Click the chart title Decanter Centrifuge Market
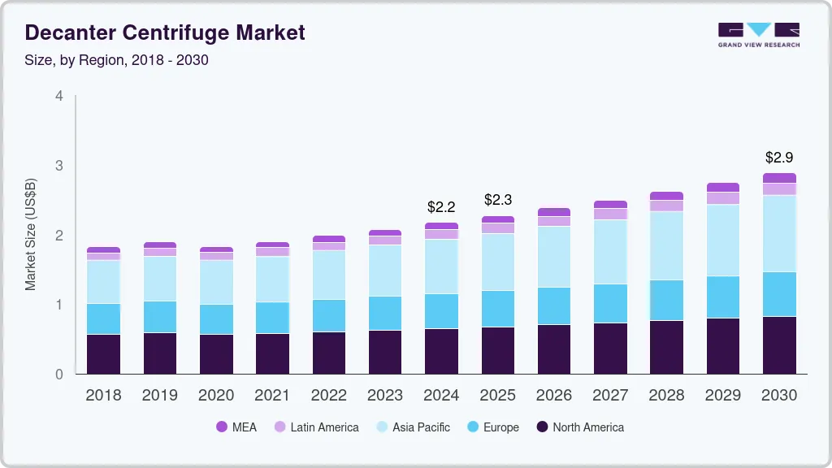165,32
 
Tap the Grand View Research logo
758,34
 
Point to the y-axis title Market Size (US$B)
31,234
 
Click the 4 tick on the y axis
58,96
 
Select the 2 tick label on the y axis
58,236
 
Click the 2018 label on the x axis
103,396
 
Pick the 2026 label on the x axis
553,396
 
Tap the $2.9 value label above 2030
780,157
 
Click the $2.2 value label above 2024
441,207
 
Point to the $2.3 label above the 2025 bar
497,200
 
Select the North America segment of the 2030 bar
780,345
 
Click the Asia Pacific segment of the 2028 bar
666,245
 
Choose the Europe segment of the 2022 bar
329,315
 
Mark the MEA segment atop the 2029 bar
723,187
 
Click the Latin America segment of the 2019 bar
159,252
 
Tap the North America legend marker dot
541,427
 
